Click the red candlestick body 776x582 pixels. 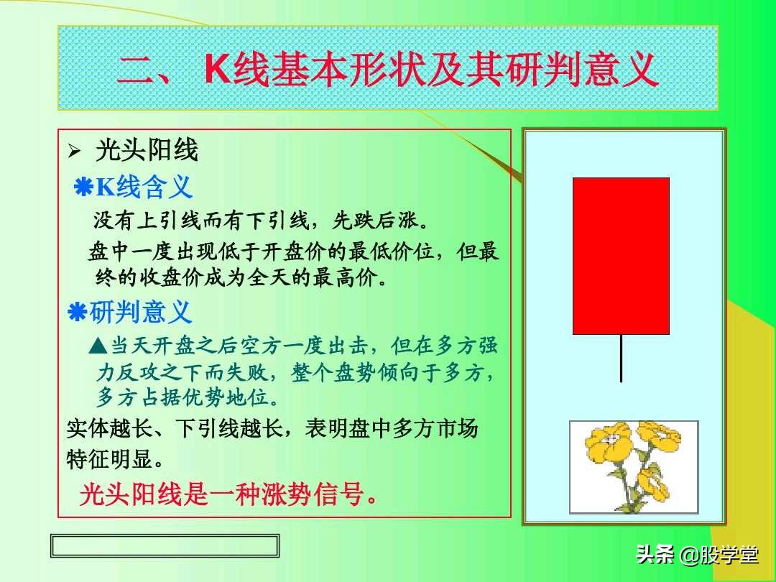coord(621,256)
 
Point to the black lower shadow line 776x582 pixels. coord(621,359)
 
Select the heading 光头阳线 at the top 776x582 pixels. coord(147,151)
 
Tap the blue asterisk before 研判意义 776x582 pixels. coord(76,313)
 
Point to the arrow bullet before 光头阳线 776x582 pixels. coord(73,152)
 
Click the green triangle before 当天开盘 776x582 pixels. coord(98,347)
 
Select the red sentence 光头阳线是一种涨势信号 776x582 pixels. coord(228,495)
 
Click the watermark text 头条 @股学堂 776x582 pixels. coord(696,554)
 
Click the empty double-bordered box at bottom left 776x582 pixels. coord(165,546)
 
